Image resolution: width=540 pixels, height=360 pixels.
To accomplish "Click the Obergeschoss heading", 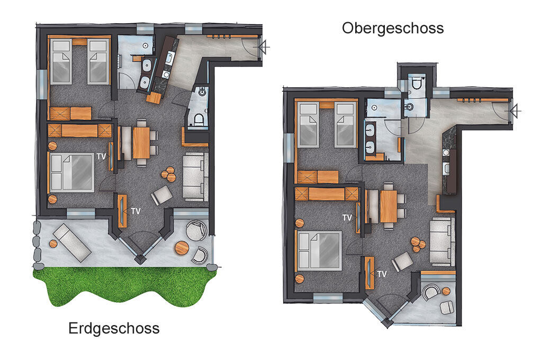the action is tap(393, 29).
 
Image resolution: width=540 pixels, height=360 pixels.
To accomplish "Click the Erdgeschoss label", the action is tap(114, 328).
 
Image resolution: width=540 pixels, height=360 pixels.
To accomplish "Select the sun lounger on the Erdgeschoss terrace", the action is tap(72, 242).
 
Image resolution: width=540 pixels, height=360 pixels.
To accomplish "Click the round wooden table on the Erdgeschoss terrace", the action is tap(182, 248).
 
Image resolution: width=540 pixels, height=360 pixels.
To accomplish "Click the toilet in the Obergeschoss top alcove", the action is tap(416, 83).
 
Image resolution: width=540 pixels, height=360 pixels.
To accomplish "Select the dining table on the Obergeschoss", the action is tap(389, 206).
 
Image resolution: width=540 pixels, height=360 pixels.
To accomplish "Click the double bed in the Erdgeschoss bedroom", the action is tap(72, 172).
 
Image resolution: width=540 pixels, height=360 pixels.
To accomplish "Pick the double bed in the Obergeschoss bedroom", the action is tap(320, 251).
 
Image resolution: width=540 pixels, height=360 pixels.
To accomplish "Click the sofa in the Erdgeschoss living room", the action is tap(195, 177).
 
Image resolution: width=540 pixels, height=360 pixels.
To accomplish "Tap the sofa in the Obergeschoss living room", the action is tap(443, 241).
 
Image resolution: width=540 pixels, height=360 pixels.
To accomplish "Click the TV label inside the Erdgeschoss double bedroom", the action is tap(101, 157).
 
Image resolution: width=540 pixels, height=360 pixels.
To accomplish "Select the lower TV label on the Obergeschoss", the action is tap(382, 274).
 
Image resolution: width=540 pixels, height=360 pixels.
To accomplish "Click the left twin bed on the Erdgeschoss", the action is tap(61, 61).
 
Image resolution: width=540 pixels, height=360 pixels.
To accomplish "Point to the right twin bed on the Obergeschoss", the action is tap(346, 125).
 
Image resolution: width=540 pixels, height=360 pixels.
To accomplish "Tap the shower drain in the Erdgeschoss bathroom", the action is tap(146, 46).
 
